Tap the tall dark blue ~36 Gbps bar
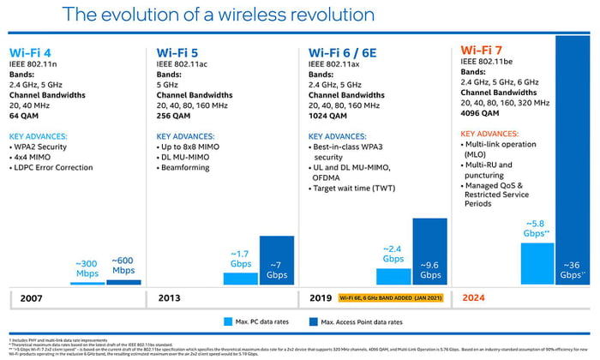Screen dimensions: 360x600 (x=573, y=154)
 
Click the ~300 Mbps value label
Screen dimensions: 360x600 (x=87, y=267)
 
